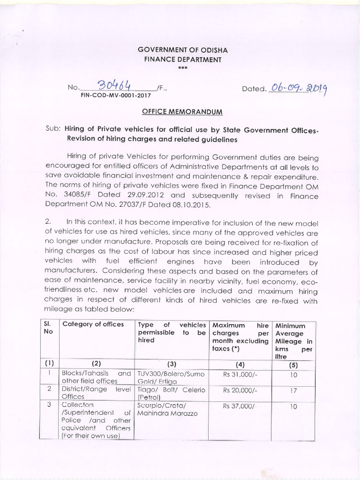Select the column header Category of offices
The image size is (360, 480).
(x=93, y=324)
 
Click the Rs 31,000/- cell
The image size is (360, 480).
(x=240, y=375)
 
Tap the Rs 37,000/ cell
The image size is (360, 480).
(x=240, y=406)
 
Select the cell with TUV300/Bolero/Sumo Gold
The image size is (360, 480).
(x=171, y=378)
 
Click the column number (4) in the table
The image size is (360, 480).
(x=240, y=364)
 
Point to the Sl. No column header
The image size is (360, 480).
(x=49, y=328)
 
